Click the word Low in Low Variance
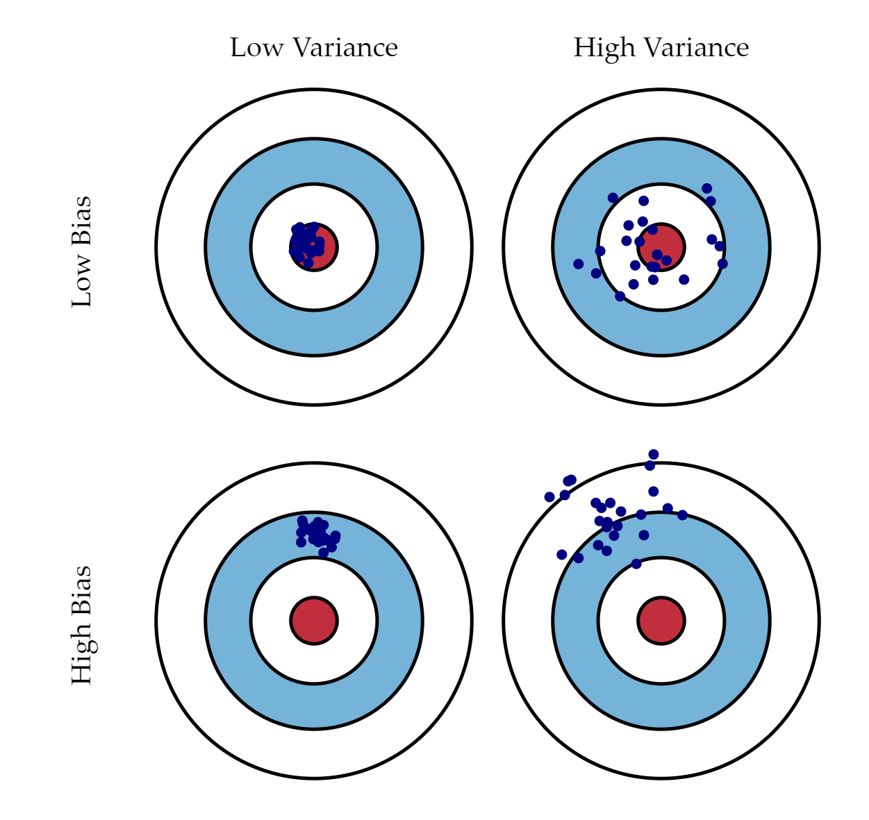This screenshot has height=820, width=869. coord(256,48)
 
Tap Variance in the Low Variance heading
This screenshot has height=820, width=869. coord(345,48)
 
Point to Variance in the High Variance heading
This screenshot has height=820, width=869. coord(696,48)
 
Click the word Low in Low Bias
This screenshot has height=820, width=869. coord(82,281)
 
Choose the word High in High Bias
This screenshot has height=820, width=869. coord(84,655)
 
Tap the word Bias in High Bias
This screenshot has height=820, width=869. coord(82,591)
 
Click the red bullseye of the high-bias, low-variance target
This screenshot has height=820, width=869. coord(314,621)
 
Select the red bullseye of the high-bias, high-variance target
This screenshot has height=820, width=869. coord(661,621)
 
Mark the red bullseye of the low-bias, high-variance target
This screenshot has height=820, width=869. coord(661,247)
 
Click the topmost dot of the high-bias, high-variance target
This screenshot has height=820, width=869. coord(654,454)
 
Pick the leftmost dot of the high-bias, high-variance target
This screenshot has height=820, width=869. coord(549,496)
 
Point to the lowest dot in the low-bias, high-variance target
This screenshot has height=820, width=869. coord(620,296)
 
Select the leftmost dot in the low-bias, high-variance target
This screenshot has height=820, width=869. coord(579,264)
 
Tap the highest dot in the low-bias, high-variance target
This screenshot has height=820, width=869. coord(706,188)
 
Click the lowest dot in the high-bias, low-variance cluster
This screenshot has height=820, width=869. coord(324,553)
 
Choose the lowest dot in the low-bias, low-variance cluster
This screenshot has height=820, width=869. coord(308,262)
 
